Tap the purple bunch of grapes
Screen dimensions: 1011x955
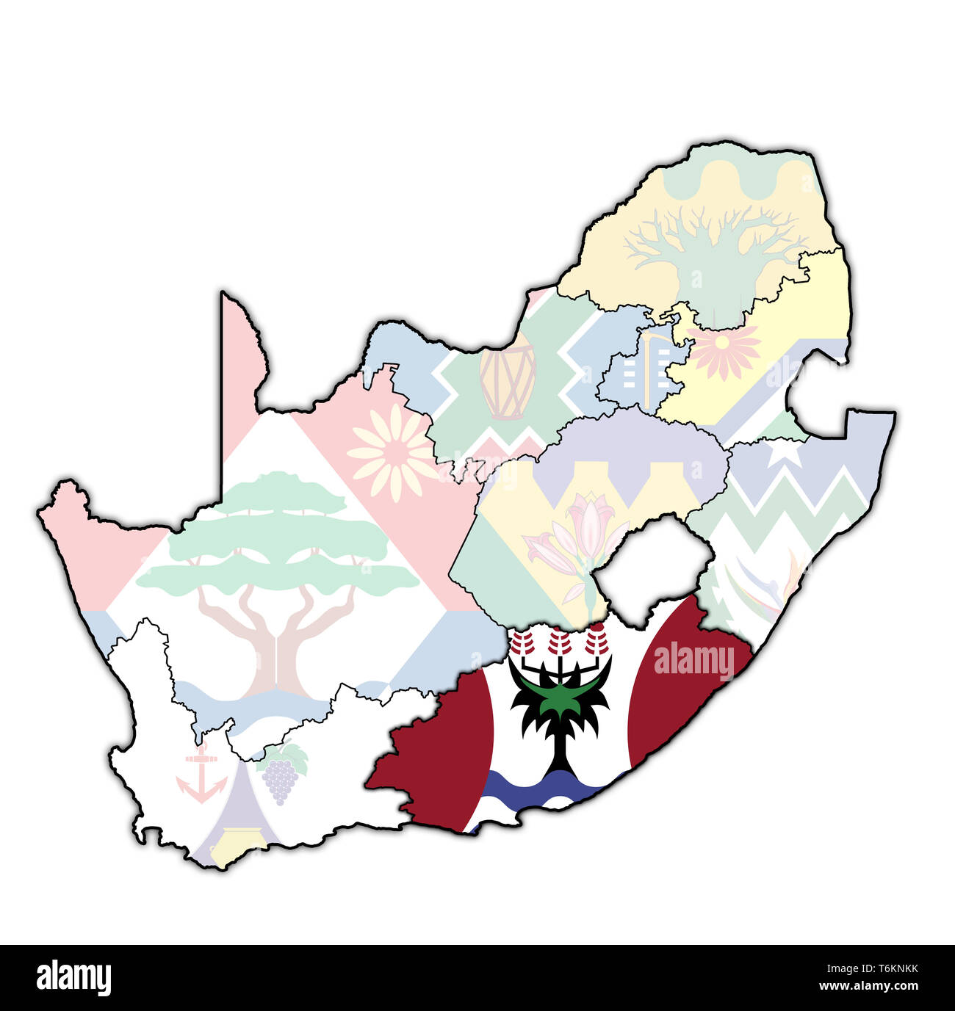coord(281,780)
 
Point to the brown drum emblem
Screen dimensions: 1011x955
coord(508,381)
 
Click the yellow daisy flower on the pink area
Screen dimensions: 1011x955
coord(393,451)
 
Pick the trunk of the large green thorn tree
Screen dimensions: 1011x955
coord(275,646)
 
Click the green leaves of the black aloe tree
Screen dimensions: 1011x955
coord(560,697)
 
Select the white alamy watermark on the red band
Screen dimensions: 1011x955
coord(693,661)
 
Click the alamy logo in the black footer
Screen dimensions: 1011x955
coord(73,978)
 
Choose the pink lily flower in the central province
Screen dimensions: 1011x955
coord(580,536)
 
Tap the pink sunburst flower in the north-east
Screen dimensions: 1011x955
coord(724,351)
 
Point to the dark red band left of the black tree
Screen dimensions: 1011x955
coord(441,756)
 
